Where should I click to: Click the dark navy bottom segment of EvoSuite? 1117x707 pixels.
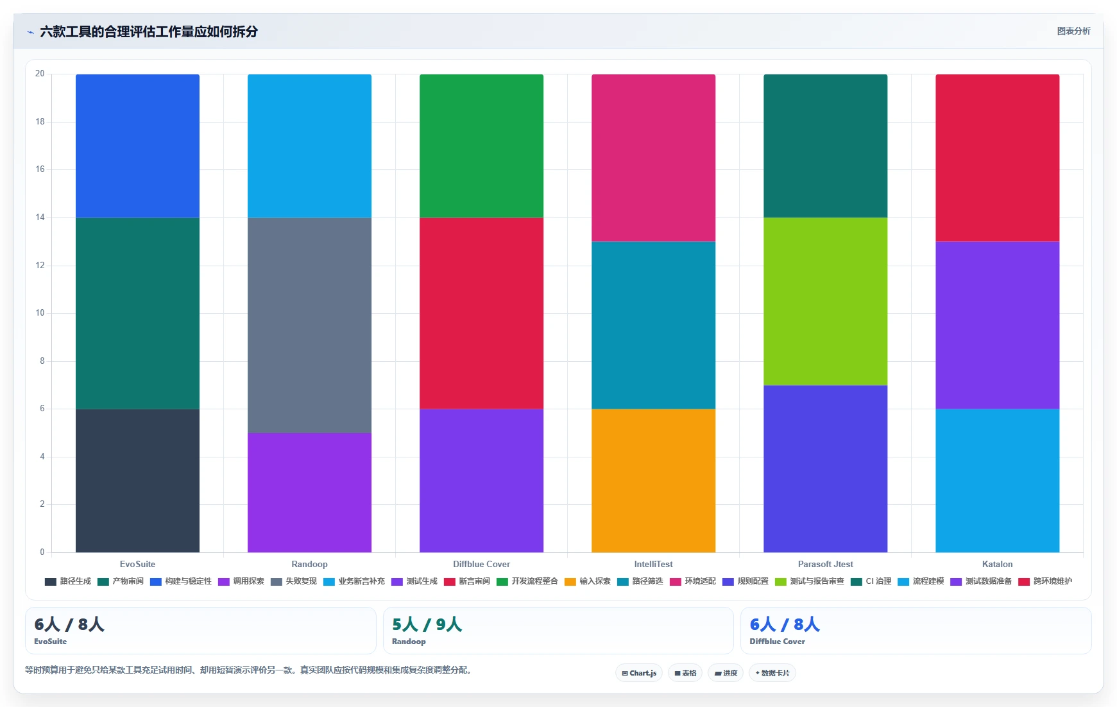pos(137,481)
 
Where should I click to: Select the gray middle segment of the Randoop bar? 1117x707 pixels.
pos(309,325)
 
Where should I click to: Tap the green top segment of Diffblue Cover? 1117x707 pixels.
pos(481,146)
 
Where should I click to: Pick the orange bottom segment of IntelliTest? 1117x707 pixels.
pos(653,481)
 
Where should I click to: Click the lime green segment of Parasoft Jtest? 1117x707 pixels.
pos(825,302)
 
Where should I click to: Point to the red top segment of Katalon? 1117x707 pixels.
pos(997,158)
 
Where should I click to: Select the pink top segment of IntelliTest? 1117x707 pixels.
pos(653,158)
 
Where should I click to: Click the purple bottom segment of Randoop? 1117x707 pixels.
pos(309,493)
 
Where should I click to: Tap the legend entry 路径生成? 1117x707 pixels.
pos(68,581)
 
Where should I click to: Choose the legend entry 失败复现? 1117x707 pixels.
pos(294,581)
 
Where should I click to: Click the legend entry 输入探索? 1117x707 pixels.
pos(588,581)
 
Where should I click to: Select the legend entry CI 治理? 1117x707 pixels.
pos(871,581)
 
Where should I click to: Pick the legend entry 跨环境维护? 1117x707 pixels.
pos(1045,581)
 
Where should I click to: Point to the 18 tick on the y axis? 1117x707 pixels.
pos(40,122)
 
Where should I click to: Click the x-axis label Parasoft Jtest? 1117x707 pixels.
pos(825,565)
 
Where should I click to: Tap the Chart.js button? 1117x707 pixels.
pos(639,673)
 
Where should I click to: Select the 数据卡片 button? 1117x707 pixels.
pos(772,673)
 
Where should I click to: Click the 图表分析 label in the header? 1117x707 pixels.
pos(1073,31)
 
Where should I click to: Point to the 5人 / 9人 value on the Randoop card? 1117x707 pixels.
pos(427,624)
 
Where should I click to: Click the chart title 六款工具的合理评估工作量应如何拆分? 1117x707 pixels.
pos(149,31)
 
